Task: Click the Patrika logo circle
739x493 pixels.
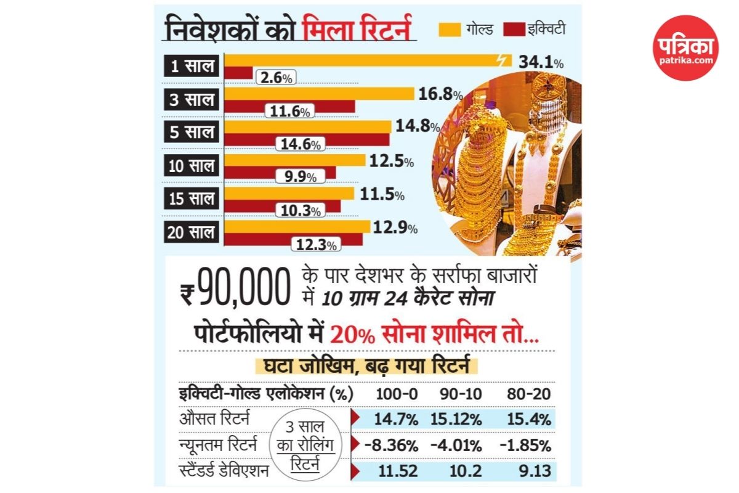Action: click(685, 48)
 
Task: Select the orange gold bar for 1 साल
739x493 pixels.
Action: click(363, 60)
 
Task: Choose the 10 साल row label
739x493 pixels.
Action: click(192, 165)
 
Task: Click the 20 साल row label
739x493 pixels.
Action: click(192, 232)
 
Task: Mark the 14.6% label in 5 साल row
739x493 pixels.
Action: click(299, 145)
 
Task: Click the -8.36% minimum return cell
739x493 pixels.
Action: click(396, 445)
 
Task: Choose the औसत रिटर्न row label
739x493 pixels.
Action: click(214, 419)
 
